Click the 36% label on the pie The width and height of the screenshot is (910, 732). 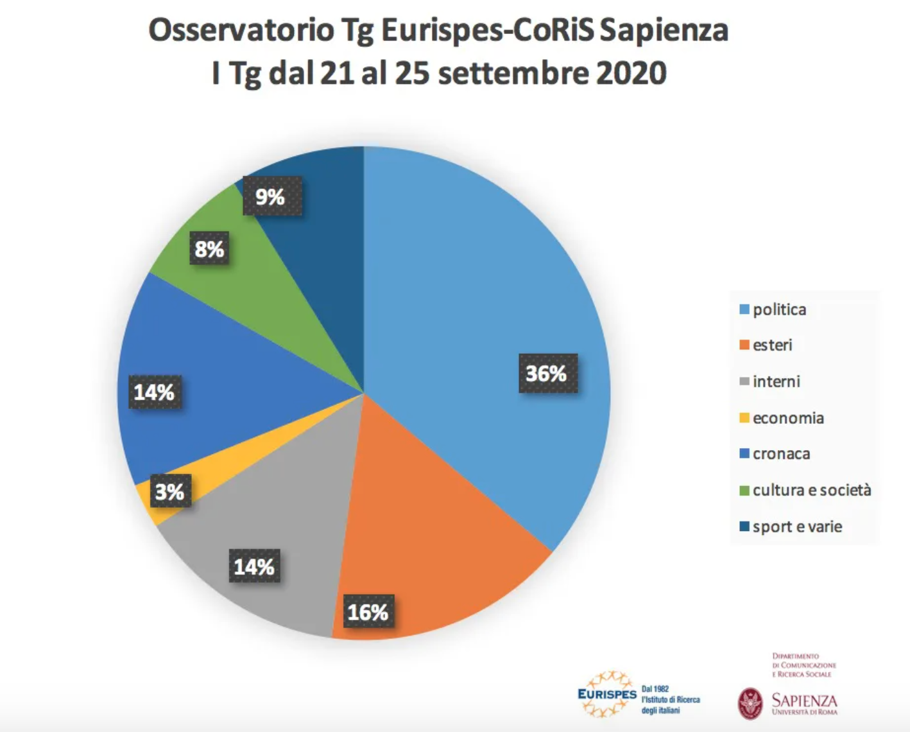pyautogui.click(x=547, y=373)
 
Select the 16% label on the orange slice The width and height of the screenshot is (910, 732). pyautogui.click(x=368, y=612)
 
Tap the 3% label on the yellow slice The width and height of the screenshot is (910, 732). pyautogui.click(x=169, y=492)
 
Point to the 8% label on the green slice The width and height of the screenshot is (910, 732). pyautogui.click(x=209, y=249)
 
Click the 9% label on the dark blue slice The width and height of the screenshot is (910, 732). pyautogui.click(x=270, y=196)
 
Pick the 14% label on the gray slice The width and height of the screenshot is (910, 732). pyautogui.click(x=254, y=567)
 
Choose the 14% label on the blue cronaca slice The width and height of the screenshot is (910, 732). pyautogui.click(x=154, y=392)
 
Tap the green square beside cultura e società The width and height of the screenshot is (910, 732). pyautogui.click(x=744, y=491)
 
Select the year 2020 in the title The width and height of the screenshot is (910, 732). pyautogui.click(x=631, y=73)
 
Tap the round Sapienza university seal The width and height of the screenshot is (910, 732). pyautogui.click(x=750, y=703)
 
